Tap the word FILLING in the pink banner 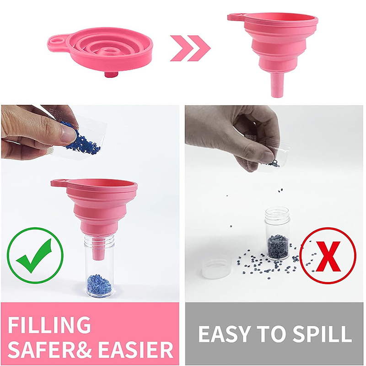pyautogui.click(x=49, y=325)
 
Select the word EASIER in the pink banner pyautogui.click(x=135, y=350)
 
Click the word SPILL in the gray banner pyautogui.click(x=322, y=334)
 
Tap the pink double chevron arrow pyautogui.click(x=190, y=48)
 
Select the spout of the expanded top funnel pyautogui.click(x=277, y=85)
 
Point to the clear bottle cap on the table pyautogui.click(x=216, y=266)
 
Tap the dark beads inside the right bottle pyautogui.click(x=278, y=247)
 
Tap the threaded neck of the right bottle pyautogui.click(x=277, y=214)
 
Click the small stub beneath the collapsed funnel pyautogui.click(x=111, y=75)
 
